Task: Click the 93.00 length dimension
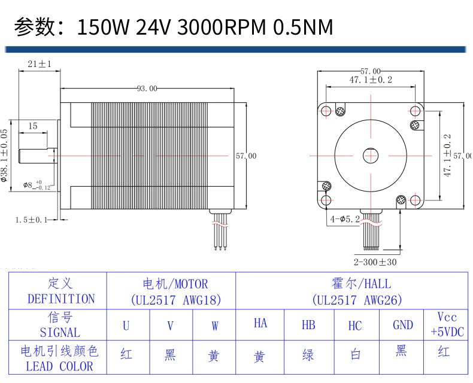pos(147,89)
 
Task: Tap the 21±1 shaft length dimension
pos(40,64)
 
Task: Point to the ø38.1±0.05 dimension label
pos(4,156)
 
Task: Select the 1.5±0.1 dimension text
pos(31,220)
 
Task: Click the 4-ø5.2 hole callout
pos(345,219)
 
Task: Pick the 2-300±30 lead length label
pos(375,262)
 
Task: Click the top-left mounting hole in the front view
pos(326,111)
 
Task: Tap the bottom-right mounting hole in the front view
pos(416,200)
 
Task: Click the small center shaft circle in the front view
pos(371,156)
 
